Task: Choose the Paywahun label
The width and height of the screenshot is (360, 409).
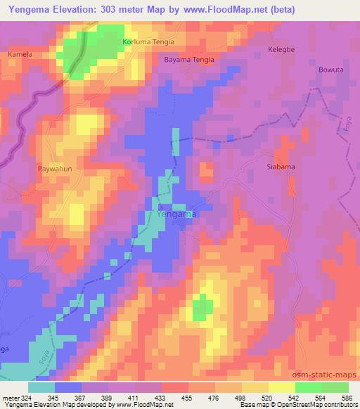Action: click(x=53, y=169)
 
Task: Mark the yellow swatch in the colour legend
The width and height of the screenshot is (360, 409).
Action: click(x=281, y=387)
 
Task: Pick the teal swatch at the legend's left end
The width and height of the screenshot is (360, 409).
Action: click(x=41, y=387)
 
